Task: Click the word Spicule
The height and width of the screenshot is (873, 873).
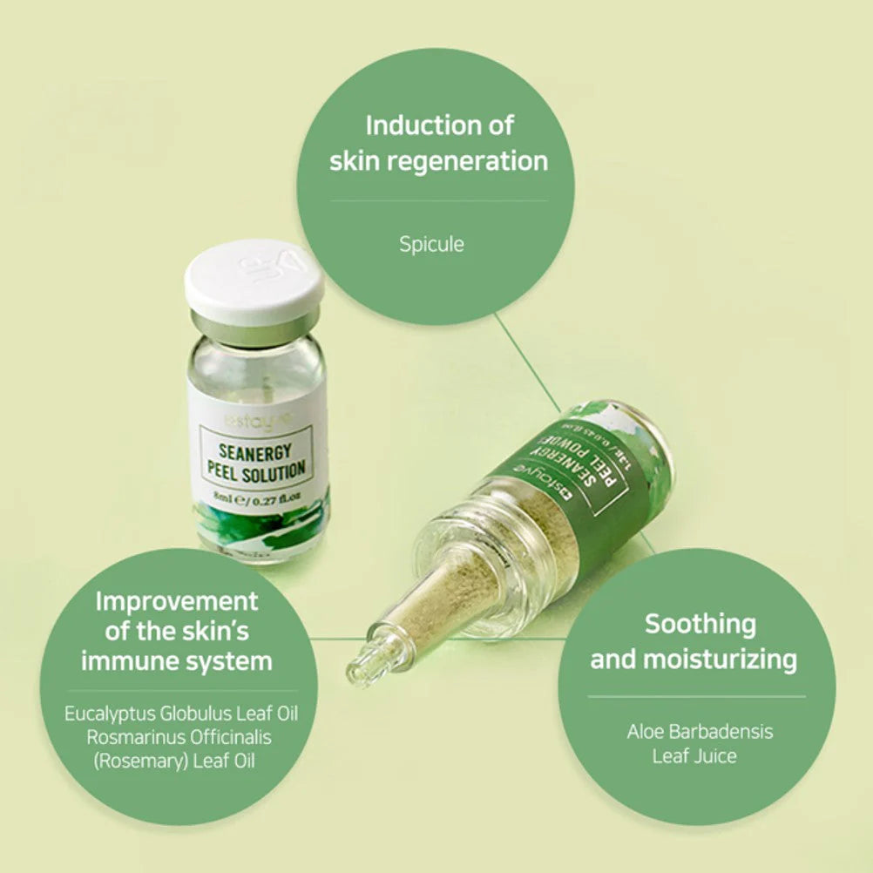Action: tap(431, 244)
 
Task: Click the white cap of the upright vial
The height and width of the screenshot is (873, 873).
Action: tap(254, 281)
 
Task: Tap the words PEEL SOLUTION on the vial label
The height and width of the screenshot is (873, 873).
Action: tap(255, 470)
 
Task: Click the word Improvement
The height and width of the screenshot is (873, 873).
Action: tap(177, 601)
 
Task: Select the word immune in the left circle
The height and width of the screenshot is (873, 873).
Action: tap(130, 661)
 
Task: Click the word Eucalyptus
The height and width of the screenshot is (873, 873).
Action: tap(110, 714)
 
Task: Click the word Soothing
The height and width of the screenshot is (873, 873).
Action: tap(700, 624)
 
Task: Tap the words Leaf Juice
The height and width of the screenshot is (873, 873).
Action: tap(694, 755)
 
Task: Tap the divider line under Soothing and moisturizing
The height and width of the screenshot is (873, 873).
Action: tap(696, 696)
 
